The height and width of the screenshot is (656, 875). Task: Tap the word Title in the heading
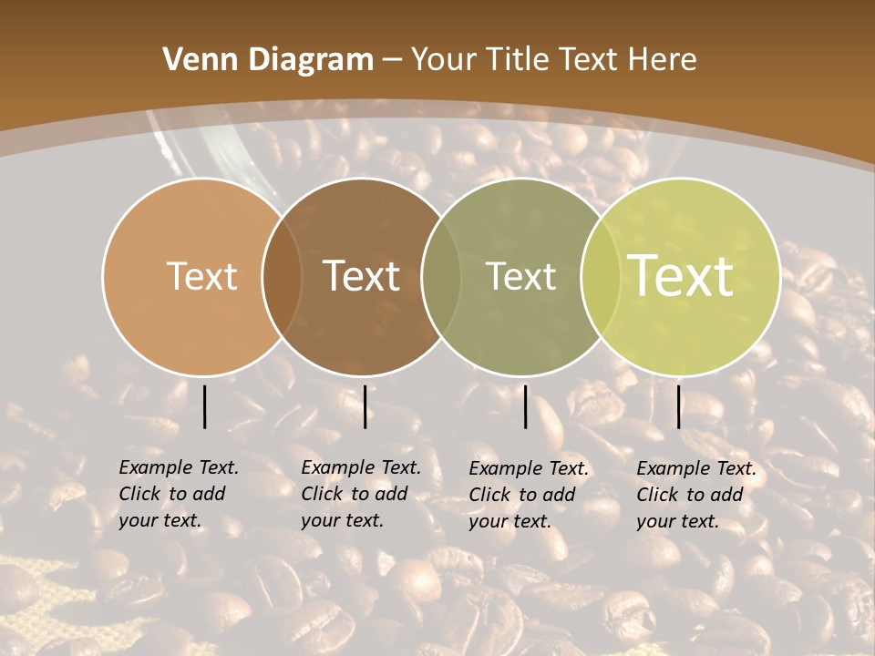(x=518, y=59)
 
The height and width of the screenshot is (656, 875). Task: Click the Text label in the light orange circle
(x=201, y=276)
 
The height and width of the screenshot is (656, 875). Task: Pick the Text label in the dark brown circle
(x=362, y=276)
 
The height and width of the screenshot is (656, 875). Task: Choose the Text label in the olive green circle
(x=521, y=276)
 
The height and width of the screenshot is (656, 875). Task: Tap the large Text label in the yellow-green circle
(x=681, y=276)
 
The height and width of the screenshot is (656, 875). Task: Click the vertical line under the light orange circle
(x=204, y=406)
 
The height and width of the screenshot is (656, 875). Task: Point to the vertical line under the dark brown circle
(x=365, y=406)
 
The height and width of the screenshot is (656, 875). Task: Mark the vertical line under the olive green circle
(x=526, y=406)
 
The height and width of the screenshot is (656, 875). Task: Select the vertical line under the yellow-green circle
(x=678, y=406)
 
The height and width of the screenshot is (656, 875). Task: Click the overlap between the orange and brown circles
(x=282, y=276)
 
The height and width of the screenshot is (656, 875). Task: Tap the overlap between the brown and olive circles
(x=442, y=276)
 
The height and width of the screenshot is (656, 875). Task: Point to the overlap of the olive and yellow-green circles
(x=597, y=276)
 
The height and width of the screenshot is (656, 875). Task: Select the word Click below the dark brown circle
(x=322, y=494)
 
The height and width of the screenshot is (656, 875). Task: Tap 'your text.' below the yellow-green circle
(x=677, y=521)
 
